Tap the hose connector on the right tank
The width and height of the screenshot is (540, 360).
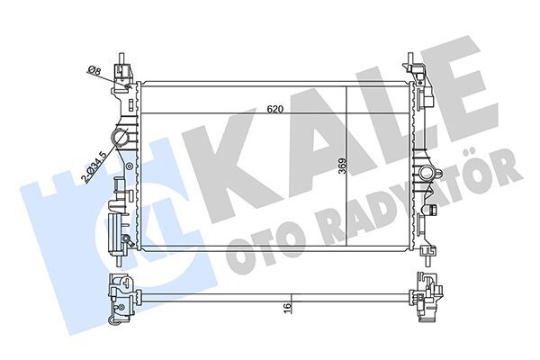pos(426,171)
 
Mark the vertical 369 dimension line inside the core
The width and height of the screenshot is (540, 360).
pos(347,168)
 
